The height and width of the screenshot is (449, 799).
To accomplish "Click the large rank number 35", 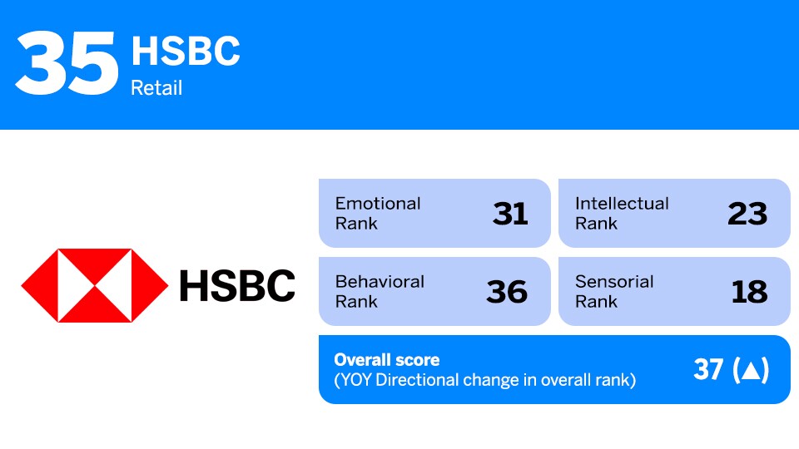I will coord(67,65).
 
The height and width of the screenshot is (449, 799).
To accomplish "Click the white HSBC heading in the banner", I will coord(186,52).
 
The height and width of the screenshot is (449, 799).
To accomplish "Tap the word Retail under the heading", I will coord(156,87).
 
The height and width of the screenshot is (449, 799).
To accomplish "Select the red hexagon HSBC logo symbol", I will coord(94,285).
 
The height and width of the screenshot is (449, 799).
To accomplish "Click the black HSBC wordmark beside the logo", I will coord(237,285).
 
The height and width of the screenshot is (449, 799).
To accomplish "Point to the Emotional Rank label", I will coord(378,213).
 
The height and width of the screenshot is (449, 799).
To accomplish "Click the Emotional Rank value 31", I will coord(509,214).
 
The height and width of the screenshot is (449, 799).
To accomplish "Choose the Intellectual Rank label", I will coord(621,213).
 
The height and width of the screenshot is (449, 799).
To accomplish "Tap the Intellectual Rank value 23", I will coord(747,214).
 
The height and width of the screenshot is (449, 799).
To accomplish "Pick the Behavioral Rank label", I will coord(380,291).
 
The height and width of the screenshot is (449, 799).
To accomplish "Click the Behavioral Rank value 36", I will coord(507,292).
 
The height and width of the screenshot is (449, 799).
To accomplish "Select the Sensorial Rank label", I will coord(614,291).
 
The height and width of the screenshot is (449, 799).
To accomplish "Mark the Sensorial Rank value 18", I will coord(749,292).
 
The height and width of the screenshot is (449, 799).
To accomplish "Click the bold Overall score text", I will coord(386,360).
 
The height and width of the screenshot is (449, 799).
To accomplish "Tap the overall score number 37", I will coord(708,370).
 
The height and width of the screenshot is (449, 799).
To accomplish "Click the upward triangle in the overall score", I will coord(750,371).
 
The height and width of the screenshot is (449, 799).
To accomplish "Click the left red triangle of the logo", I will coord(38,285).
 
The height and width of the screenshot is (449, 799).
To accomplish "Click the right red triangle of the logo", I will coord(150,285).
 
